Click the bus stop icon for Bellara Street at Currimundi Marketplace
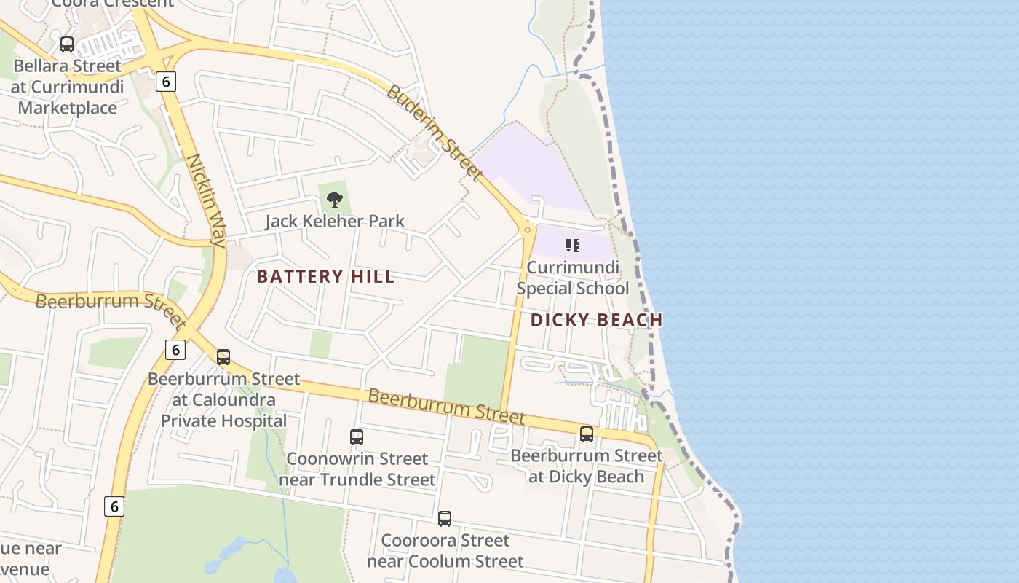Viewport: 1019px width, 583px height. pyautogui.click(x=67, y=44)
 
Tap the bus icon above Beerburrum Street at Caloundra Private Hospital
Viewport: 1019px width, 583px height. pyautogui.click(x=223, y=357)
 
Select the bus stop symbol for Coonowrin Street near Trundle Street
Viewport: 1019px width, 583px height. pyautogui.click(x=357, y=437)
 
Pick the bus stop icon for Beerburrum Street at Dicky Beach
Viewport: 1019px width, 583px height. pyautogui.click(x=587, y=434)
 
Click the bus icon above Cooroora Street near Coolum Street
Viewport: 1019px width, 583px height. pyautogui.click(x=445, y=519)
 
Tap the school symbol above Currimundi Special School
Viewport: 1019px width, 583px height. pyautogui.click(x=572, y=246)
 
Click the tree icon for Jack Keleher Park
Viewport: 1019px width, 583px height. pyautogui.click(x=335, y=199)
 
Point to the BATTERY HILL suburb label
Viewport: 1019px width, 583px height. pyautogui.click(x=325, y=277)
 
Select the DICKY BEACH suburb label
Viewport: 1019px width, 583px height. pyautogui.click(x=596, y=320)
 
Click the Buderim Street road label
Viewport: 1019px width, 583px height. pyautogui.click(x=434, y=133)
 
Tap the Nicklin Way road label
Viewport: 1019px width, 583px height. pyautogui.click(x=207, y=200)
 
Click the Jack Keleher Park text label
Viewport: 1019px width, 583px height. pyautogui.click(x=334, y=221)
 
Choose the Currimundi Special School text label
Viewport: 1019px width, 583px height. pyautogui.click(x=572, y=278)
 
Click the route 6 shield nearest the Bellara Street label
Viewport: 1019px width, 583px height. pyautogui.click(x=166, y=82)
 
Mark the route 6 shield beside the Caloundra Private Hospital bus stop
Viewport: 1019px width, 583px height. pyautogui.click(x=175, y=350)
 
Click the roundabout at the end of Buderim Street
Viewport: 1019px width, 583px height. pyautogui.click(x=528, y=230)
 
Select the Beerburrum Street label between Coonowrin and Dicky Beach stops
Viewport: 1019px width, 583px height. pyautogui.click(x=445, y=406)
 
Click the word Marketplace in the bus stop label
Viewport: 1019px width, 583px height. pyautogui.click(x=67, y=108)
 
